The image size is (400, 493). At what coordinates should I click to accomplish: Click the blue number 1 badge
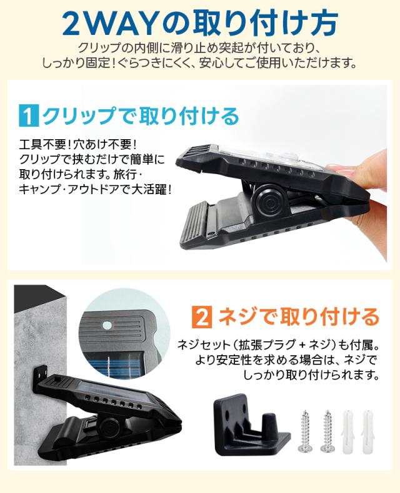[x=29, y=117]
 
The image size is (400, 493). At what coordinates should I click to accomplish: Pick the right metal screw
[x=326, y=430]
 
